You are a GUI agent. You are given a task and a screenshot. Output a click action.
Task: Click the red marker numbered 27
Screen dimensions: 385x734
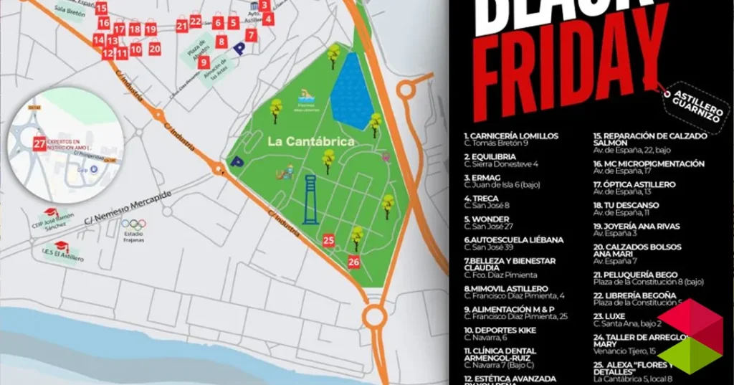(39, 143)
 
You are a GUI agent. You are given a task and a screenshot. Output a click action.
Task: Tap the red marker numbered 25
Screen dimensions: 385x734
(329, 241)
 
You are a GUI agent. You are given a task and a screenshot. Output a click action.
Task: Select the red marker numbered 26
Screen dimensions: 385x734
(354, 262)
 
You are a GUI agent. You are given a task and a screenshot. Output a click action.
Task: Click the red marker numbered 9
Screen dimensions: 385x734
(204, 62)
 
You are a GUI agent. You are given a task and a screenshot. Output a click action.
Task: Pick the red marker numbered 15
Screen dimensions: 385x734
(101, 9)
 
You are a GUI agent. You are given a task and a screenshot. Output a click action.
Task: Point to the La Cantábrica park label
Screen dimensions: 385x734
(311, 141)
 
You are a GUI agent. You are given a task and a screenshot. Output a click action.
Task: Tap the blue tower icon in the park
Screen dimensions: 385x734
(310, 200)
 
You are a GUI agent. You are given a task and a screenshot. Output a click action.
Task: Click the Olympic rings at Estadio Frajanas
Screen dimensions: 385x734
(133, 223)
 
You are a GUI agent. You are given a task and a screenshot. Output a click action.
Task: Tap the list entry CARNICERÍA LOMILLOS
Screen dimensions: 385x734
(511, 136)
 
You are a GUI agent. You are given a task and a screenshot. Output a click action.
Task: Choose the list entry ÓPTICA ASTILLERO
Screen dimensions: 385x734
(634, 184)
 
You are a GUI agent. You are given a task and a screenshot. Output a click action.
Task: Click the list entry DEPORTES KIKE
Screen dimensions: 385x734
(500, 330)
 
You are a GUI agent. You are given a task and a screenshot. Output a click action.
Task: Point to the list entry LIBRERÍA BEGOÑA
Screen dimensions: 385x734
(635, 295)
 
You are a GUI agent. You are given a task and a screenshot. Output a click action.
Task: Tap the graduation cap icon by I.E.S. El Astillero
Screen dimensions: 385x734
(62, 246)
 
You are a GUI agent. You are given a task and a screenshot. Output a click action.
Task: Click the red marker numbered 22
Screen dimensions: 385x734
(196, 22)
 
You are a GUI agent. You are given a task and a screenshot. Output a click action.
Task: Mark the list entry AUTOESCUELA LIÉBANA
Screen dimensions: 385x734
(514, 239)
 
